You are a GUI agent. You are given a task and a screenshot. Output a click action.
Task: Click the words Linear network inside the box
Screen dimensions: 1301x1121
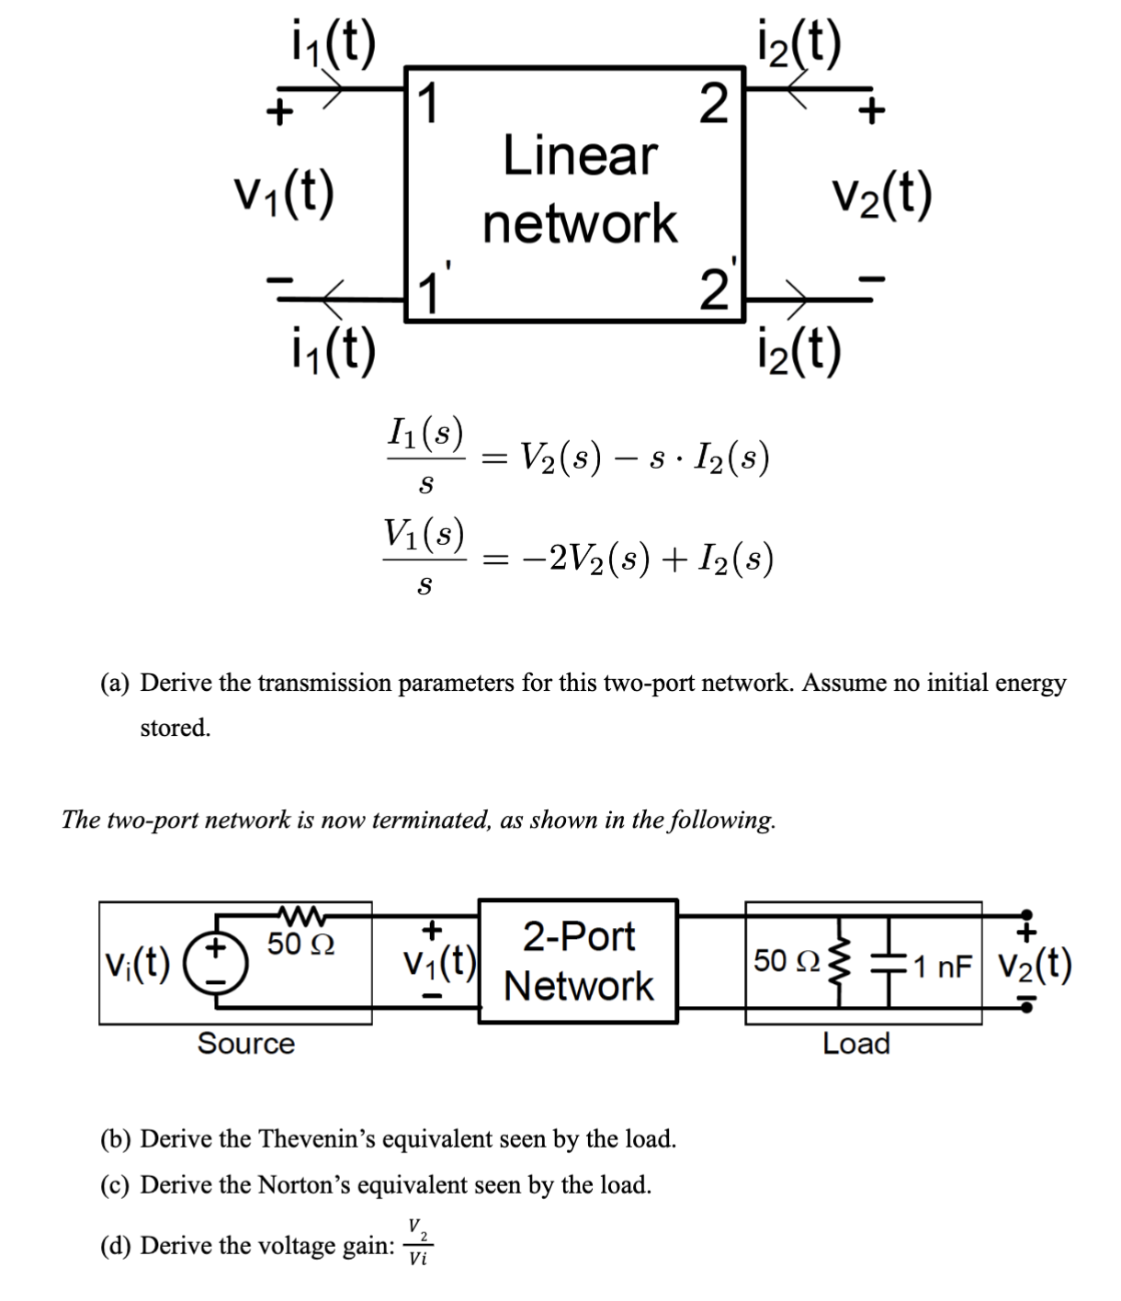tap(580, 189)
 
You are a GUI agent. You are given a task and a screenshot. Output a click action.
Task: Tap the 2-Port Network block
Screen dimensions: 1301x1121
tap(579, 961)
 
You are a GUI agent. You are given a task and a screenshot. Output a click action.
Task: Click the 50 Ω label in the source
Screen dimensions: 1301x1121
tap(301, 944)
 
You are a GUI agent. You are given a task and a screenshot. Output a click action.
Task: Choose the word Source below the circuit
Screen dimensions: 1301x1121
tap(246, 1044)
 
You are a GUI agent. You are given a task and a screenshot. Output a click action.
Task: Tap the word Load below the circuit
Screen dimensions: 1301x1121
tap(855, 1044)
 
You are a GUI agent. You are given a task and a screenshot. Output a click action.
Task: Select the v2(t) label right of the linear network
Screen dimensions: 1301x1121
tap(881, 194)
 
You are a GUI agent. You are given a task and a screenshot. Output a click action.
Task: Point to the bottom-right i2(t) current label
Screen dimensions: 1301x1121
tap(797, 351)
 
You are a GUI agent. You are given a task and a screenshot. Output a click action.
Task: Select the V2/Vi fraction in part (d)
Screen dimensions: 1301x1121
tap(417, 1243)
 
